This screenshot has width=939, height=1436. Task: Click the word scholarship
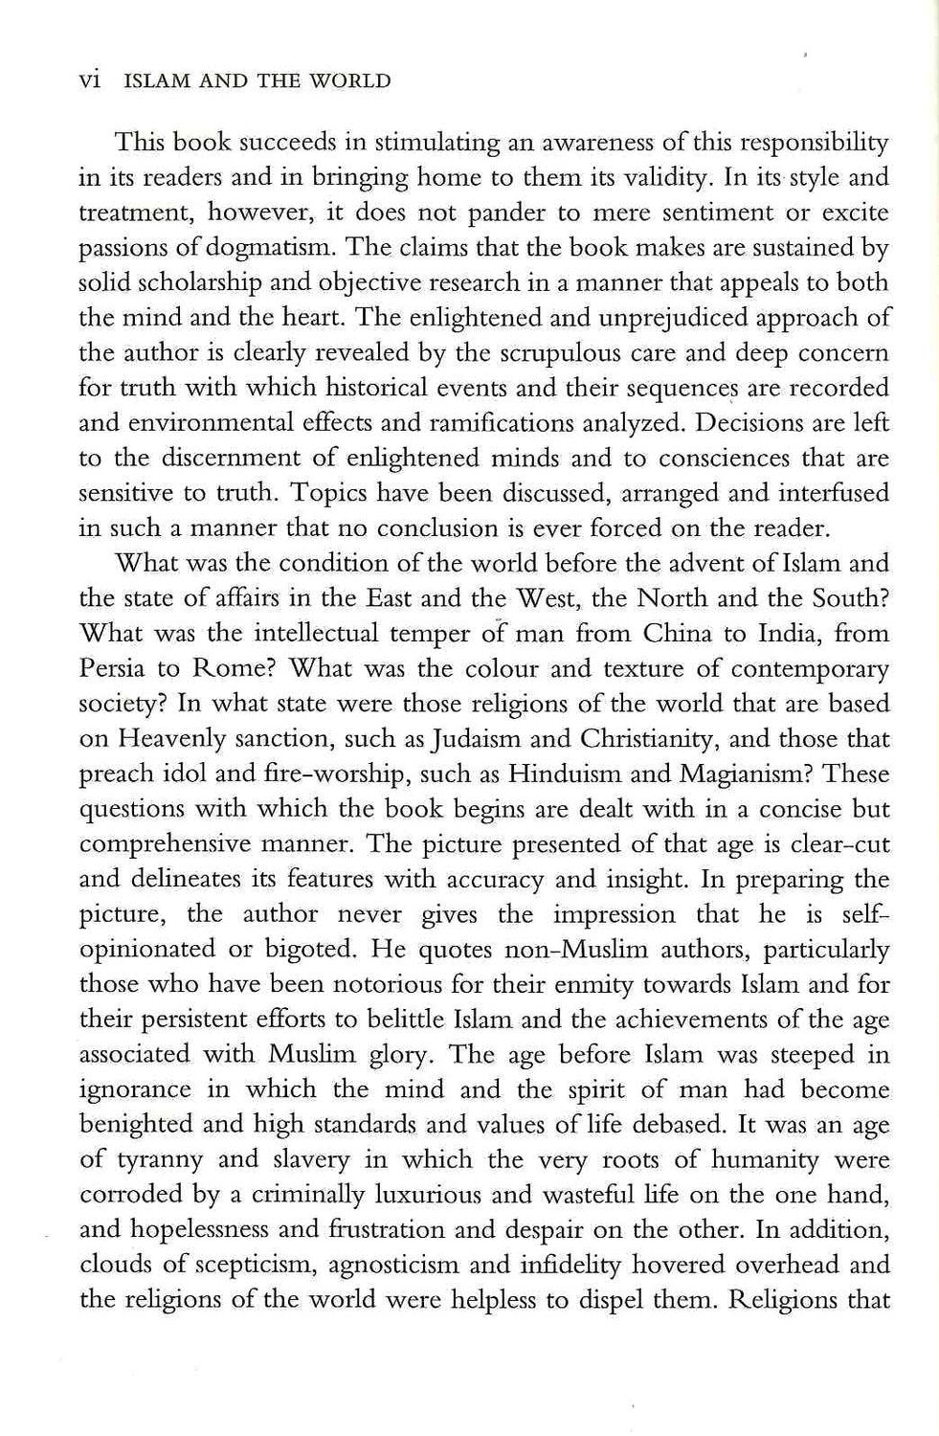click(x=215, y=283)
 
